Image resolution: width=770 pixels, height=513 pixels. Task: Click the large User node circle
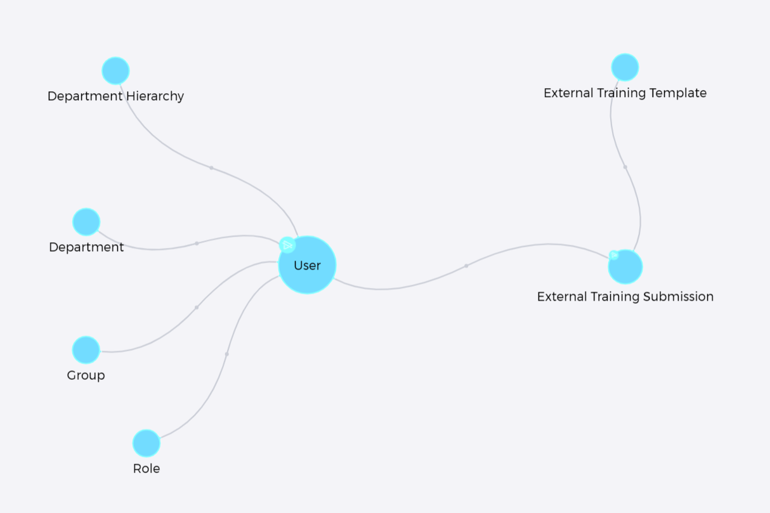(307, 265)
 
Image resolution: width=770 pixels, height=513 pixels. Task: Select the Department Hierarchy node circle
(115, 71)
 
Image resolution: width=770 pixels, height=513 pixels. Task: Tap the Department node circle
(86, 222)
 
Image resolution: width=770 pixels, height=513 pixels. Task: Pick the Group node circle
(86, 350)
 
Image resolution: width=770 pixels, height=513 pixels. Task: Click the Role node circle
(147, 443)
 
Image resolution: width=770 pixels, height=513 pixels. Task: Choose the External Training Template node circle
(625, 67)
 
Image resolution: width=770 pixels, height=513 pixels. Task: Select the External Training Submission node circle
(625, 267)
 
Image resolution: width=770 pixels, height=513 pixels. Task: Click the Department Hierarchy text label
(115, 96)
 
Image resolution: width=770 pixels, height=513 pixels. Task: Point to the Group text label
(86, 375)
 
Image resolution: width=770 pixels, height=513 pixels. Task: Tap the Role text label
(147, 469)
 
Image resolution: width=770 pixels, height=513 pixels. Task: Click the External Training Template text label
(625, 93)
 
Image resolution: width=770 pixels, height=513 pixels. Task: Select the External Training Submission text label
(625, 297)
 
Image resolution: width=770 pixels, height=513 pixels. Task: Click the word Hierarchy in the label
(155, 96)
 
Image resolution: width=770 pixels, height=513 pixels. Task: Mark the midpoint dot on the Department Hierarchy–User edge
(211, 168)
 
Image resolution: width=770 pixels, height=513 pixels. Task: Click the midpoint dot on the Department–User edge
(197, 244)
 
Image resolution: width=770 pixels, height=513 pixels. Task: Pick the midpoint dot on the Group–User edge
(196, 308)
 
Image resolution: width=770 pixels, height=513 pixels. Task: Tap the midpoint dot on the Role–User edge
(227, 354)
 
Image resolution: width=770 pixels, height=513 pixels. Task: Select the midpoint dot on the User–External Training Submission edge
(466, 266)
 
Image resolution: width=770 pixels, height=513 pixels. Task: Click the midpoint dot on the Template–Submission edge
(625, 167)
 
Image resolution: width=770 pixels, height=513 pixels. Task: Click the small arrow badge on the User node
(287, 245)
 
